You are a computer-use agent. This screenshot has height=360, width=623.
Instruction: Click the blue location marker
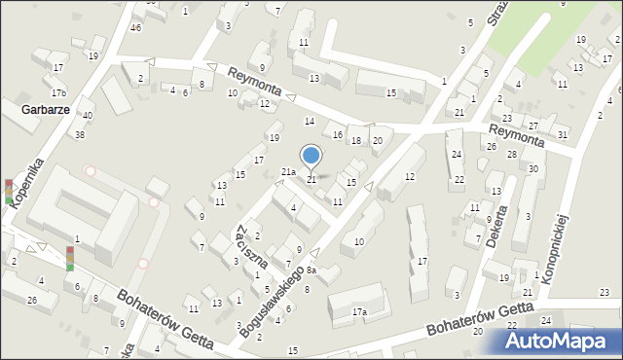pos(311,156)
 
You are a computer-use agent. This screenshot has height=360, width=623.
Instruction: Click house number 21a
pos(288,172)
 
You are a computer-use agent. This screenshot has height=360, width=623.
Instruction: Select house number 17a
pos(359,312)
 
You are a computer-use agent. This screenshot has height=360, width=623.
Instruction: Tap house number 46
pos(136,27)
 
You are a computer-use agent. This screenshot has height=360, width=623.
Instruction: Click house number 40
pos(88,116)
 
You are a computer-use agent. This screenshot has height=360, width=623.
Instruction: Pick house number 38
pos(80,134)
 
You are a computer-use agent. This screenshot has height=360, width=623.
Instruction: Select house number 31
pos(563,133)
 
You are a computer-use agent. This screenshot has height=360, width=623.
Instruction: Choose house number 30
pos(532,168)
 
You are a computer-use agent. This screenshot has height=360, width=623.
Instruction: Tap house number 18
pos(356,141)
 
